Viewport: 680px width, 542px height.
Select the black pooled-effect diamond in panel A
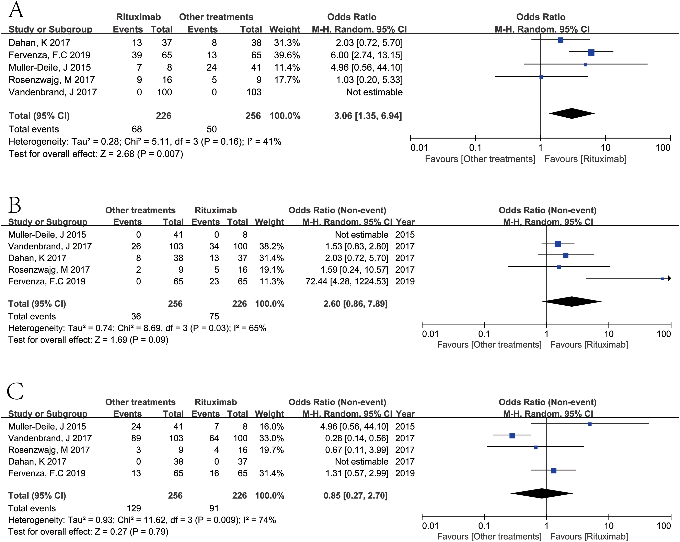572,114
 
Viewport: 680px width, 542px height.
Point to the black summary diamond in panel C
542,493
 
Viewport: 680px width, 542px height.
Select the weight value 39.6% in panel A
287,55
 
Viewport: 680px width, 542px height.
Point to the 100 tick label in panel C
664,526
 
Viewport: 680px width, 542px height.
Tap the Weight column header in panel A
285,29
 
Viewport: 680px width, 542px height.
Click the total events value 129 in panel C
134,508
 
